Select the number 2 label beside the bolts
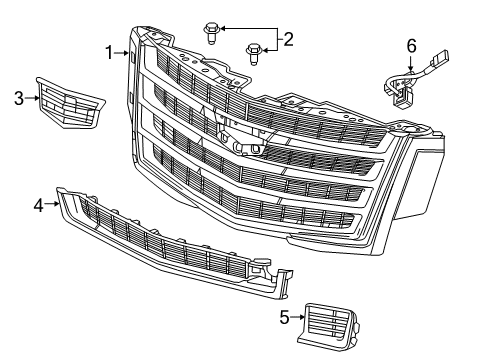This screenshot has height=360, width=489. pos(288,39)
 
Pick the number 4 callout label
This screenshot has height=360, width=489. pos(38,205)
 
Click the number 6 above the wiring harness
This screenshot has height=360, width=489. pos(410,46)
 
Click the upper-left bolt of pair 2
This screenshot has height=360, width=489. pos(212,30)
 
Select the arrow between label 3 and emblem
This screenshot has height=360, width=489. pos(33,97)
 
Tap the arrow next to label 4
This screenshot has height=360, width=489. pos(53,205)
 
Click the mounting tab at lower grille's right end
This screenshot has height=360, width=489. pos(268,267)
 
